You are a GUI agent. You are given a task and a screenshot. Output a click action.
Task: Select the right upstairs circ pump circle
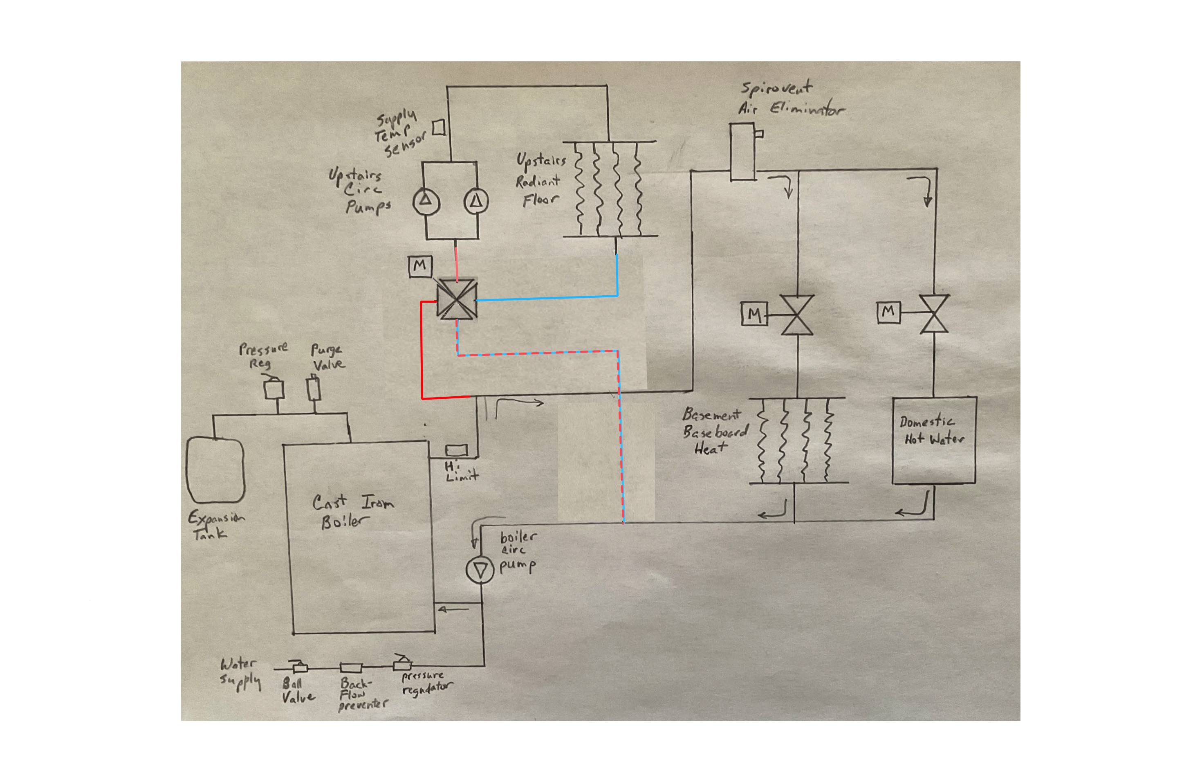(x=476, y=202)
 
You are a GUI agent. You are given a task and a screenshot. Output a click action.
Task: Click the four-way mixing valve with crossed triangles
(x=457, y=299)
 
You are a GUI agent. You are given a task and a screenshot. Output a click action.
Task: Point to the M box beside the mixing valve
(x=420, y=266)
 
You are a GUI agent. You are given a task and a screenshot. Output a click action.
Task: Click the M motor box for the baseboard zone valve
(x=753, y=314)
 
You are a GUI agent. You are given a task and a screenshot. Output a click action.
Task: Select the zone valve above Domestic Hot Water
(x=934, y=314)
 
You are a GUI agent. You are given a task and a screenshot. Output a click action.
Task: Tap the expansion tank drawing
(x=215, y=470)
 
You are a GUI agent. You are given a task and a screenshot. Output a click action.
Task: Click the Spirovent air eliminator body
(x=742, y=152)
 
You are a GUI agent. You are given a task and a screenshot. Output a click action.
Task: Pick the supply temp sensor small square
(x=439, y=127)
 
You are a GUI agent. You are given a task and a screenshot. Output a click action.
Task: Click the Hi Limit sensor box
(x=456, y=449)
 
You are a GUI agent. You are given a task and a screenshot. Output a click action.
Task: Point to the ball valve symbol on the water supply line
(x=300, y=667)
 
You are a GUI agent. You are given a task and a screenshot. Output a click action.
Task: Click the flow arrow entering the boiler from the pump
(x=453, y=609)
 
